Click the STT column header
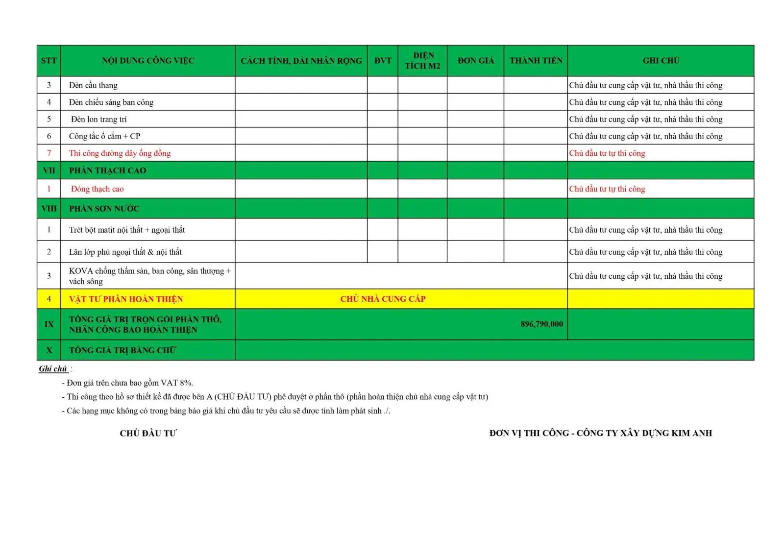pos(49,61)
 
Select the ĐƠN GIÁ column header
pos(475,61)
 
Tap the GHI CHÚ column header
pos(661,61)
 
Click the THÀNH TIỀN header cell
pos(536,61)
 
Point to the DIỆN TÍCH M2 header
pos(422,61)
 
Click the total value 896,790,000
pos(541,324)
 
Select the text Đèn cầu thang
pos(93,85)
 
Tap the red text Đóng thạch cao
pos(97,189)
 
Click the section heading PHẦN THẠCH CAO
pos(107,170)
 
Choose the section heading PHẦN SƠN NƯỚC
pos(104,209)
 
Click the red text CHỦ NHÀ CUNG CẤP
pos(383,299)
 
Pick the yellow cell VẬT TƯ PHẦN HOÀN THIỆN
pos(125,299)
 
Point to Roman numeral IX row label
pos(49,324)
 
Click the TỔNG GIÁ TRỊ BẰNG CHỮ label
pos(122,350)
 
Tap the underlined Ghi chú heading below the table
pos(53,369)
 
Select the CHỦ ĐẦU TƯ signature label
pos(148,433)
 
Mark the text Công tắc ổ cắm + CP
pos(104,136)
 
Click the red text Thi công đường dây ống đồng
pos(120,153)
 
